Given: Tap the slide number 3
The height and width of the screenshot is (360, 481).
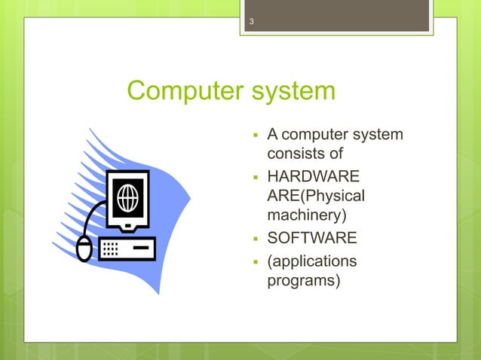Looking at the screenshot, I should tap(252, 22).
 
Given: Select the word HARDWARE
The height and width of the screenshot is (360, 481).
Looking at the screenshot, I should tap(313, 178).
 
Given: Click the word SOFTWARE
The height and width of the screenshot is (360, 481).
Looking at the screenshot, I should tap(312, 239).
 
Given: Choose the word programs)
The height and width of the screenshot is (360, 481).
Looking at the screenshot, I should tap(304, 281).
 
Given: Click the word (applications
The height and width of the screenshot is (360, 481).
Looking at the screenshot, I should tap(312, 261).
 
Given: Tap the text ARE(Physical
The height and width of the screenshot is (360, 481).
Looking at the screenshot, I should tap(316, 197).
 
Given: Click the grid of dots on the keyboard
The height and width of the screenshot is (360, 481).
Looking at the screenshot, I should tap(110, 249).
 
